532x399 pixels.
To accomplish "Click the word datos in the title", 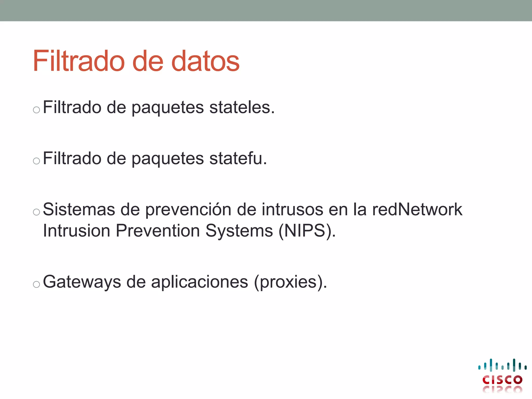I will [x=205, y=61].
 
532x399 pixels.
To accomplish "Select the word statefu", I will [x=238, y=158].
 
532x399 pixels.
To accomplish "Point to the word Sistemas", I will [x=79, y=209].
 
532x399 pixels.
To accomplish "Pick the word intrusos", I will [x=292, y=209].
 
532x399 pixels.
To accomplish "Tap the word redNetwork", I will [x=417, y=209].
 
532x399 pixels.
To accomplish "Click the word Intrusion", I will [x=77, y=230].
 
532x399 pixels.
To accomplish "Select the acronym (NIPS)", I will [x=307, y=231].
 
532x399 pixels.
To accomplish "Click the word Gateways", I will [x=82, y=282].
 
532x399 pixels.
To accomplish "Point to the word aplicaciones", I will [x=199, y=282].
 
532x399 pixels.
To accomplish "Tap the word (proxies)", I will [x=290, y=282].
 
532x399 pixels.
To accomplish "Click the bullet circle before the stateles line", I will [x=36, y=110].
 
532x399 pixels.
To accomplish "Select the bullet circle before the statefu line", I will [x=36, y=161].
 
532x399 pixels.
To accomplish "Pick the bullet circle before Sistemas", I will [x=36, y=212].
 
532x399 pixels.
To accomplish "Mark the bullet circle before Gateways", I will [x=36, y=284].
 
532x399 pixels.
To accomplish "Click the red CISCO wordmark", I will [x=502, y=380].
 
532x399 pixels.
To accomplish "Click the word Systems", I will [x=239, y=231].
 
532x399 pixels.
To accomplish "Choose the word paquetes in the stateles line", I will [x=168, y=108].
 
